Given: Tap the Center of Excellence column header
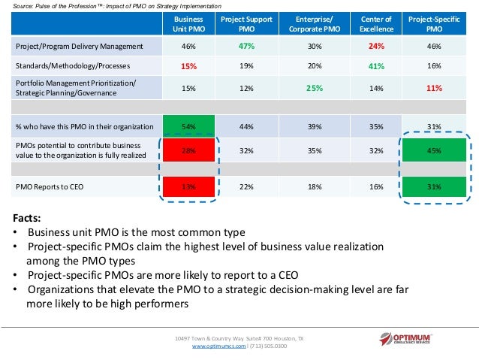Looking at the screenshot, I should click(x=377, y=23).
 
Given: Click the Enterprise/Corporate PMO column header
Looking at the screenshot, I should click(x=309, y=23).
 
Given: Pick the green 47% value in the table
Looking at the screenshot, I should click(x=244, y=46).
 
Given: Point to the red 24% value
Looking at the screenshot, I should click(x=377, y=46).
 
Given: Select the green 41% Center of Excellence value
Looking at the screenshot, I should click(x=377, y=66).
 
